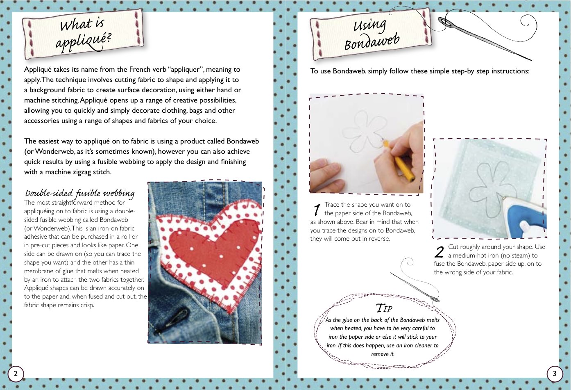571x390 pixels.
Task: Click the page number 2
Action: coord(16,374)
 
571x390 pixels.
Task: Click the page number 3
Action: coord(555,374)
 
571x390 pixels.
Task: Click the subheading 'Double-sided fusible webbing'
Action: coord(79,193)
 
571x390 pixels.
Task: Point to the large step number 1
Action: coord(316,210)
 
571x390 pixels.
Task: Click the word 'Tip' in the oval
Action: coord(384,308)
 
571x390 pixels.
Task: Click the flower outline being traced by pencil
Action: coord(363,131)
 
